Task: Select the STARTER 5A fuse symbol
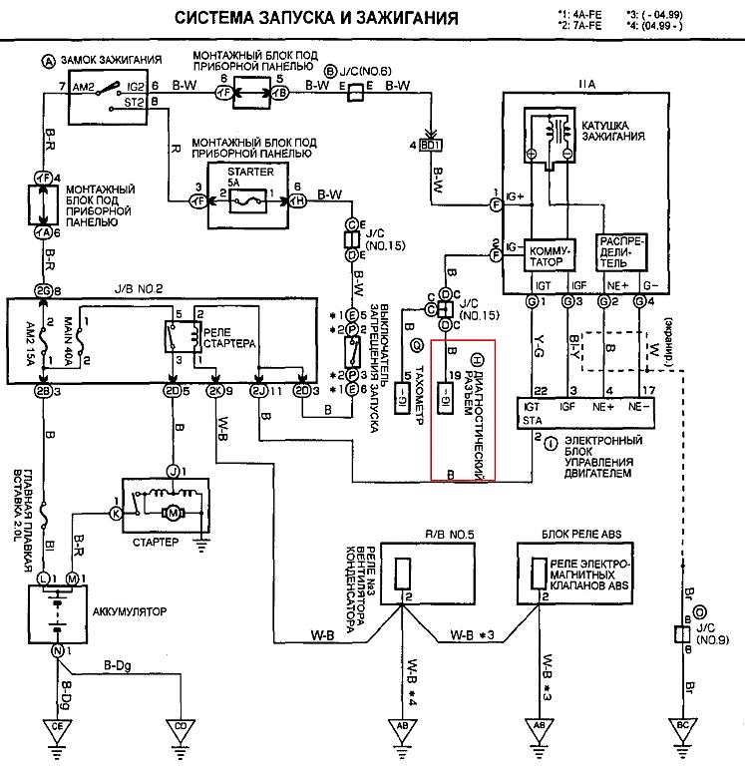tap(243, 199)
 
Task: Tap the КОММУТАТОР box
tap(550, 252)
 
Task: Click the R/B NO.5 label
tap(414, 534)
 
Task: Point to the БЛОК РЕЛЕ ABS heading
tap(583, 534)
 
